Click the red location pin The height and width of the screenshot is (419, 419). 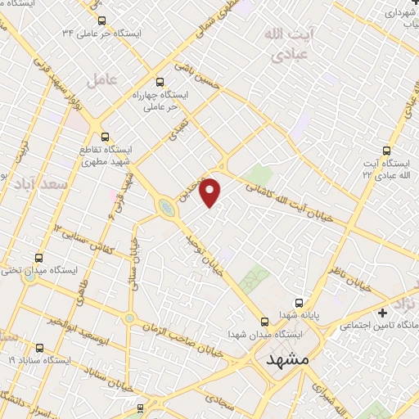(x=210, y=191)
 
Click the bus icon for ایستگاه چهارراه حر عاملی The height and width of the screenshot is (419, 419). (x=160, y=82)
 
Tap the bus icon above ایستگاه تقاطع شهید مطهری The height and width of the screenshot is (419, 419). (x=104, y=137)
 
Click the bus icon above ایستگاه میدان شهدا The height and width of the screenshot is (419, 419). (x=264, y=322)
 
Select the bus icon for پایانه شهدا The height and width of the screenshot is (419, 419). (x=299, y=303)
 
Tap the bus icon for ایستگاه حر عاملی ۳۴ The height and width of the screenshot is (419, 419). (x=101, y=20)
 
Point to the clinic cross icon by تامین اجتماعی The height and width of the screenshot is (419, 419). (x=383, y=313)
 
